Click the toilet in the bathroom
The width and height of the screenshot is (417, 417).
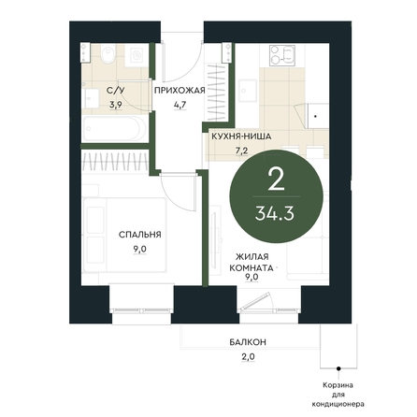tap(108, 53)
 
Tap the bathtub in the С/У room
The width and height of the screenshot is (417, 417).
tap(114, 129)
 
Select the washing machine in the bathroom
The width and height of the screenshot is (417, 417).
tap(137, 55)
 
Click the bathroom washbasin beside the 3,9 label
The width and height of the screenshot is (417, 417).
tap(92, 98)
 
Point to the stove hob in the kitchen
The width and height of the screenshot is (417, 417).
tap(282, 56)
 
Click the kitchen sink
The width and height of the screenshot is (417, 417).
tap(248, 91)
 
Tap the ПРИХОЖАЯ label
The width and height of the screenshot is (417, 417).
tap(180, 91)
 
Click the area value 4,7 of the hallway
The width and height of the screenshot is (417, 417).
tap(180, 105)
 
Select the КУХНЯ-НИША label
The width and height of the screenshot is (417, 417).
tap(241, 137)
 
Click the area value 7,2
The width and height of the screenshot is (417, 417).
tap(241, 151)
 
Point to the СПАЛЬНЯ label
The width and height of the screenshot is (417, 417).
tap(140, 235)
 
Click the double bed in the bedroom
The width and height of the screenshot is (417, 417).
tap(124, 236)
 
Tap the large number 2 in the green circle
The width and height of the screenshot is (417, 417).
tap(276, 180)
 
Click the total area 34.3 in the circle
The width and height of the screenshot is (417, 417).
tap(275, 214)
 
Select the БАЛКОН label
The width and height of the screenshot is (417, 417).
tap(248, 342)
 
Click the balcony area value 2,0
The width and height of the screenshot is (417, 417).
tap(248, 356)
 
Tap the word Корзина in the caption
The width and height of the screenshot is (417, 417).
tap(338, 385)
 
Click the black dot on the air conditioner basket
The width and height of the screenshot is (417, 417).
tap(338, 368)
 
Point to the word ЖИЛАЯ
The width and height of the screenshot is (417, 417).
tap(252, 257)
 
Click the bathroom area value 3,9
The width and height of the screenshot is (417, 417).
tap(115, 105)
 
